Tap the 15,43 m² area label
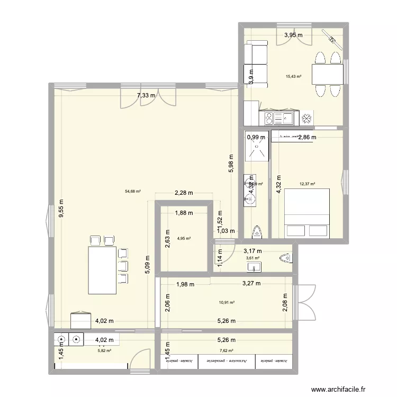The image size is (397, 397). point(293,76)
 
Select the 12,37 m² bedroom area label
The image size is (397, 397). point(307,184)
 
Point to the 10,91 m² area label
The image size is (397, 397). point(227,303)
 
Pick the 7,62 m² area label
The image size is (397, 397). point(227,350)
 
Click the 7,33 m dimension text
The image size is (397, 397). point(146,96)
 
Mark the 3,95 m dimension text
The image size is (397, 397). point(293,35)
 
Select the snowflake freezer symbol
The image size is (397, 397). point(306,119)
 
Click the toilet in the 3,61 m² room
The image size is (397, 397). point(285,258)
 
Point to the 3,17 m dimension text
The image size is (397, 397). point(252,251)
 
